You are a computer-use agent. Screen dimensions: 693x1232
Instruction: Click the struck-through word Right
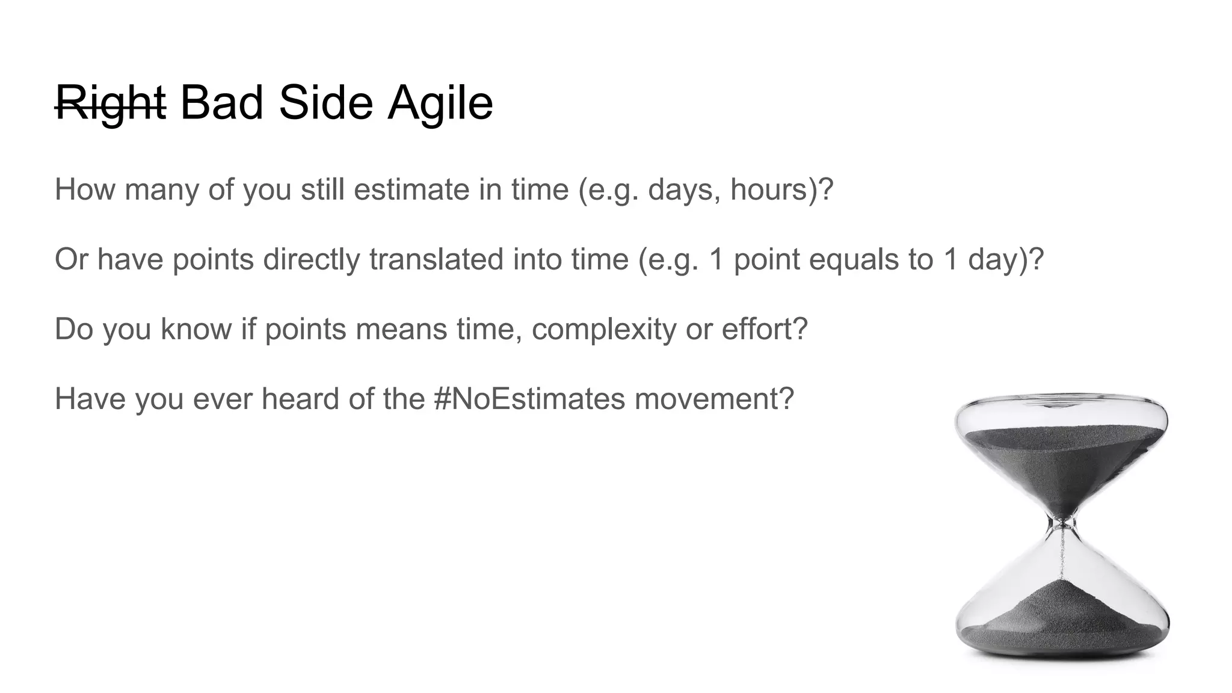[x=110, y=103]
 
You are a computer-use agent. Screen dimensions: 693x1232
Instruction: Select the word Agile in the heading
[x=440, y=103]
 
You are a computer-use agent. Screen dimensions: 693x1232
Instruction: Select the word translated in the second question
[x=436, y=259]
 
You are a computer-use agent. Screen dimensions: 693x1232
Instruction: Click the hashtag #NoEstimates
[x=529, y=399]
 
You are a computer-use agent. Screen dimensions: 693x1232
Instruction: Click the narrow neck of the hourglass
[x=1063, y=523]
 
